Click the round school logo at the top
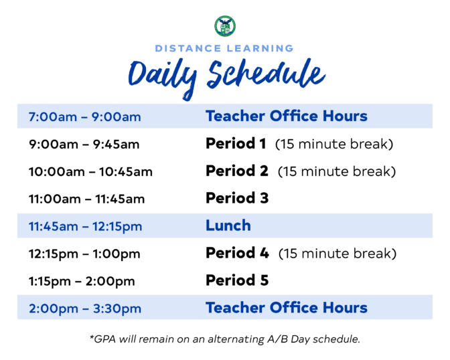(225, 26)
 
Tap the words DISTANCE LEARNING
(224, 48)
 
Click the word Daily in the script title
(163, 78)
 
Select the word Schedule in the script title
(266, 74)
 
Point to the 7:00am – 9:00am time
(85, 117)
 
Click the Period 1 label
(236, 143)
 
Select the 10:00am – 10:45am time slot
(90, 172)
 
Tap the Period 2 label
(237, 171)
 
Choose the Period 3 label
(237, 198)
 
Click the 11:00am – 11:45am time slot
(86, 199)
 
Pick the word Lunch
(228, 226)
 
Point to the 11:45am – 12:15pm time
(85, 227)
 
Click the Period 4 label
(237, 253)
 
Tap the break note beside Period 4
(337, 254)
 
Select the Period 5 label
(237, 280)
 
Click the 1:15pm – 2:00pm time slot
(82, 282)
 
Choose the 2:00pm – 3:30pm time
(85, 309)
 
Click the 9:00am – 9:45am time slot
(84, 145)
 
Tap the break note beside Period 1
(334, 144)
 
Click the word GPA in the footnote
(104, 339)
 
